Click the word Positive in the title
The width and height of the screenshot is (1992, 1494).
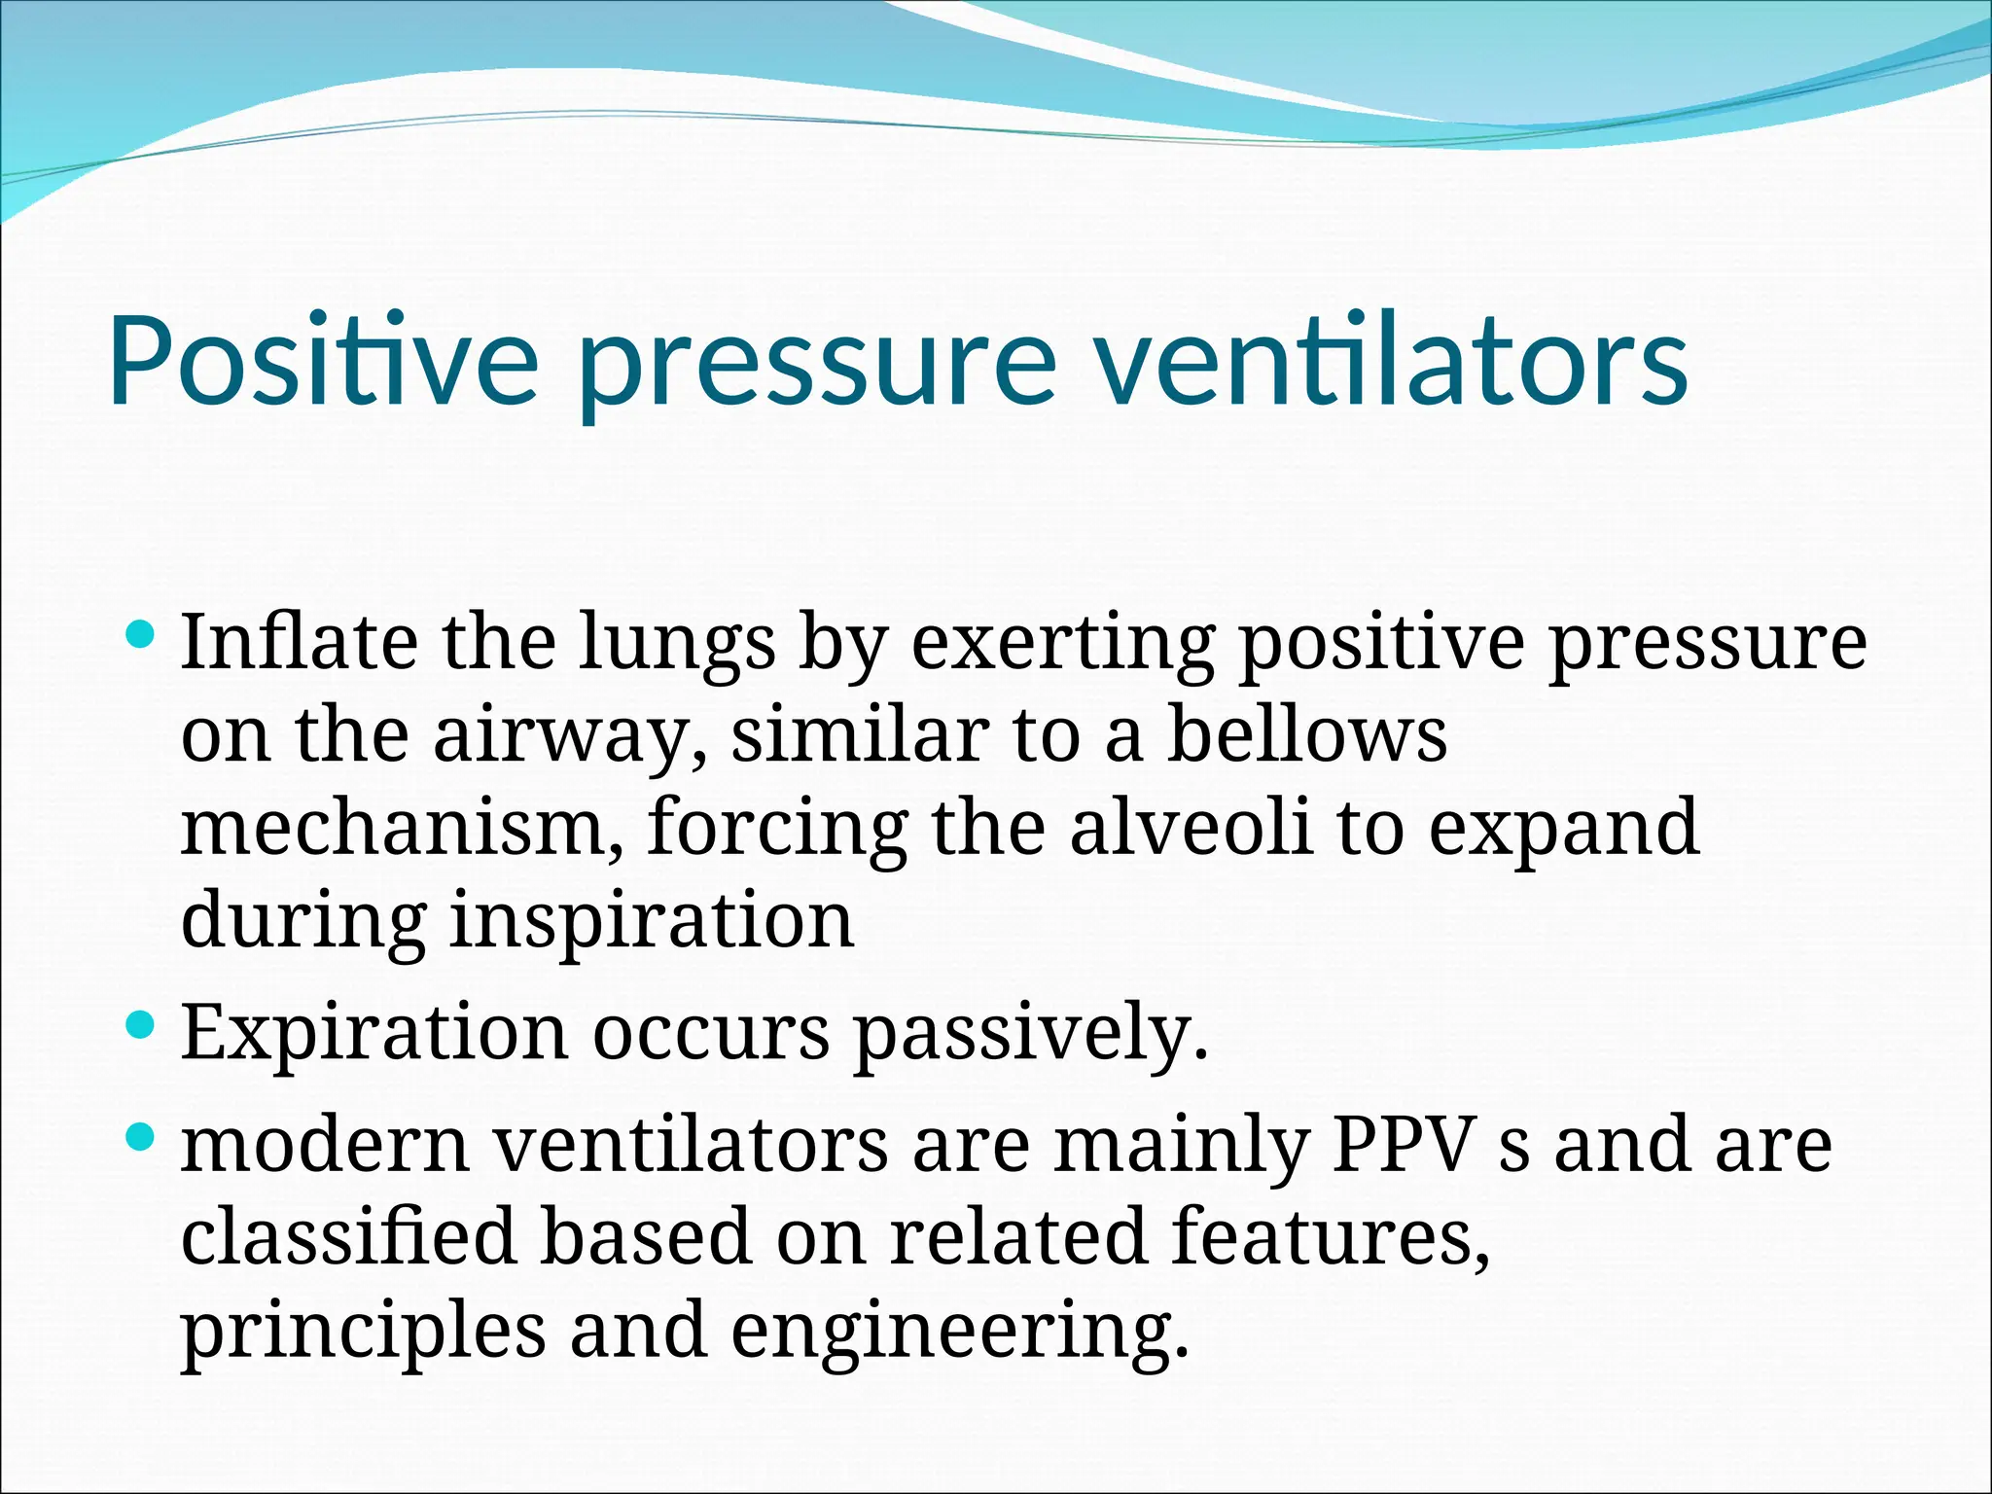pos(322,360)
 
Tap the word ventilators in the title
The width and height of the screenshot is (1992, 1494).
pos(1393,360)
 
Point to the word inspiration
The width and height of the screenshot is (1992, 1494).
pos(652,922)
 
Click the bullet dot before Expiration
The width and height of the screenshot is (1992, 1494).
pos(141,1025)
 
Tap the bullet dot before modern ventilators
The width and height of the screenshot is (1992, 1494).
pos(141,1136)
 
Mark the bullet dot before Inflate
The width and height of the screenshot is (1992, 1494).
pos(141,635)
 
